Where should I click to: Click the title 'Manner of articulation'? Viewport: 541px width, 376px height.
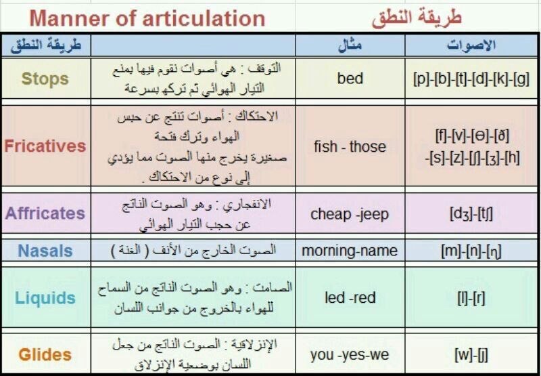(147, 19)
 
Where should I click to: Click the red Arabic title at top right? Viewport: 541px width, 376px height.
(417, 18)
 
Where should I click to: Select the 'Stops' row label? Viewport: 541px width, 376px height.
(45, 79)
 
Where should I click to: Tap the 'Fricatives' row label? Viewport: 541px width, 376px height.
(45, 146)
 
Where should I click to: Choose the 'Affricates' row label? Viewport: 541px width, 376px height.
(45, 213)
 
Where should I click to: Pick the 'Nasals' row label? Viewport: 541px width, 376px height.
(45, 251)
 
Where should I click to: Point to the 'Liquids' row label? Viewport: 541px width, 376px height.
(45, 298)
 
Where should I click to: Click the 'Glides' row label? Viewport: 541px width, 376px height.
(45, 354)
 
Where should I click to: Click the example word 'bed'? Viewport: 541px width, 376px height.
(350, 78)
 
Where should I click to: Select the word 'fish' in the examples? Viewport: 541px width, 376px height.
(325, 146)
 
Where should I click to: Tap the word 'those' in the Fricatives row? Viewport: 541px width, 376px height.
(368, 146)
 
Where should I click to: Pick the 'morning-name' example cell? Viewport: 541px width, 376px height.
(350, 251)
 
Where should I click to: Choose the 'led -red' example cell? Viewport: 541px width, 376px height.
(350, 297)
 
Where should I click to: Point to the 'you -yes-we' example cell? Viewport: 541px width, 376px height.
(350, 355)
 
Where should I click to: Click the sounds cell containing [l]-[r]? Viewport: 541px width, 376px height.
(471, 298)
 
